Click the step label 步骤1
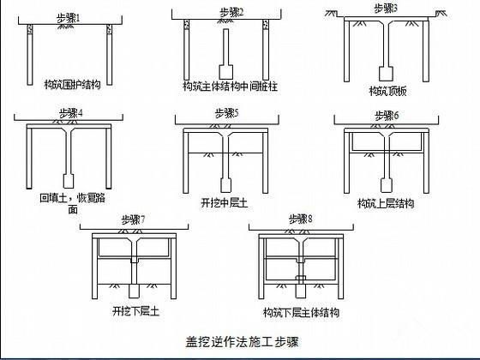tap(69, 18)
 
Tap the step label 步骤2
tap(231, 13)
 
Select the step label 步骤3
tap(386, 9)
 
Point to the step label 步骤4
tap(71, 113)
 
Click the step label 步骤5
tap(227, 113)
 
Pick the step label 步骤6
tap(387, 116)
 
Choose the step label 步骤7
tap(133, 219)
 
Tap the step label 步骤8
tap(301, 219)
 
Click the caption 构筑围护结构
tap(73, 84)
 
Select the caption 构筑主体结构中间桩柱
tap(231, 87)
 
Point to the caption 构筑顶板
tap(387, 91)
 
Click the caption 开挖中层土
tap(224, 202)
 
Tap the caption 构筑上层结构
tap(386, 203)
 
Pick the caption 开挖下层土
tap(136, 311)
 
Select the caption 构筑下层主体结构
tap(301, 312)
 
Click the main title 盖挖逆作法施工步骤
tap(242, 342)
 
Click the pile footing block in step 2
tap(226, 72)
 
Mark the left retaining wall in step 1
tap(30, 55)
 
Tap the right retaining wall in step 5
tap(265, 161)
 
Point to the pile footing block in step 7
tap(134, 291)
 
